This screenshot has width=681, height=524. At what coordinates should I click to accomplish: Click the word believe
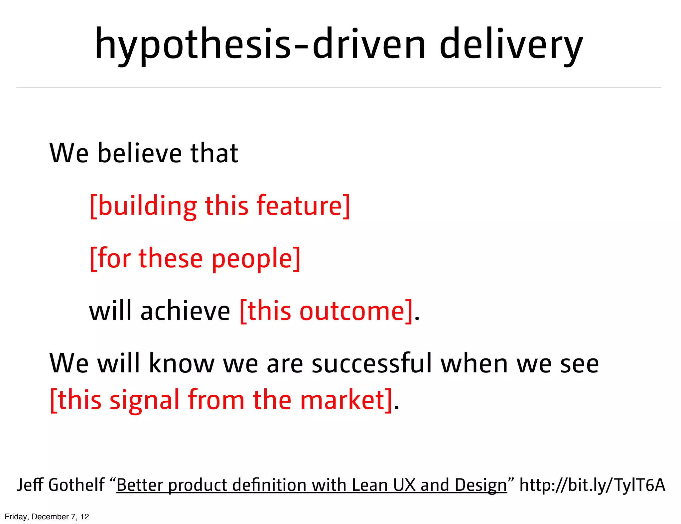[x=140, y=153]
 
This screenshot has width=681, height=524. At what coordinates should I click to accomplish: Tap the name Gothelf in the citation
[x=76, y=485]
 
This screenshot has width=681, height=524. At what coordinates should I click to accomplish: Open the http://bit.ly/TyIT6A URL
[x=592, y=485]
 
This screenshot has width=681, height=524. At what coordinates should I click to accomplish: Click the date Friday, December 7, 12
[x=47, y=517]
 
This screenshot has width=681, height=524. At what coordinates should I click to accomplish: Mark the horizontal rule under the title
[x=339, y=87]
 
